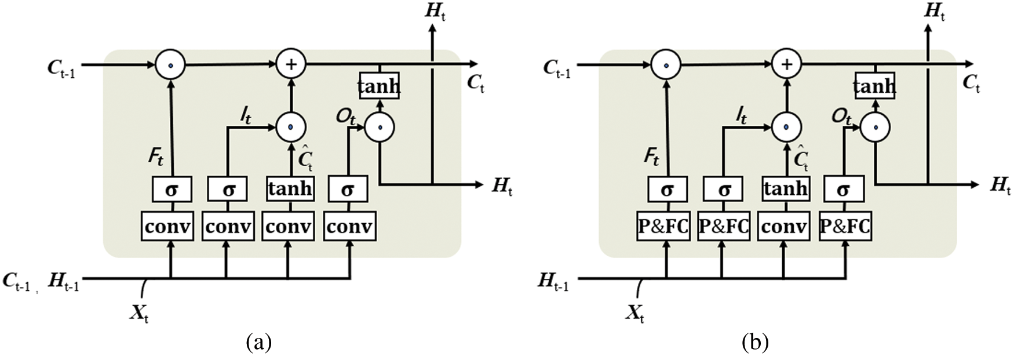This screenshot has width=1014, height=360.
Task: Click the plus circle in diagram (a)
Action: pos(291,64)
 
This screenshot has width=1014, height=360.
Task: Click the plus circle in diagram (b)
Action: pos(786,64)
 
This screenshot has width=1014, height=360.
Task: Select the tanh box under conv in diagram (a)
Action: pos(290,189)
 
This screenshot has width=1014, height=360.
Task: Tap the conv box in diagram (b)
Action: pos(784,227)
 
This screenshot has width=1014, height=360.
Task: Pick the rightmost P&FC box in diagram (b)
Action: pos(845,227)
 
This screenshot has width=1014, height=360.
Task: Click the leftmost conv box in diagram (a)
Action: pos(167,227)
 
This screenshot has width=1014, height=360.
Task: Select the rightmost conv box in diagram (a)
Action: pos(349,227)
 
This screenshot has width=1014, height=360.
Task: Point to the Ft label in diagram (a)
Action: pos(156,156)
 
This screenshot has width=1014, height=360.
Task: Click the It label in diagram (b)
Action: pos(742,117)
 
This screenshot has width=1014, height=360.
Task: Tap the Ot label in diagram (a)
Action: pos(346,117)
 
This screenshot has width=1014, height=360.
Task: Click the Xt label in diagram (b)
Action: pos(635,314)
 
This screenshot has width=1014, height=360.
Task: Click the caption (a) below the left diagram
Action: pos(258,342)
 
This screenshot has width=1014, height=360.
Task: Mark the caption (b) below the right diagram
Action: pos(755,342)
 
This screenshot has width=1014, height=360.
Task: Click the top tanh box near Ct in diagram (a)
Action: pos(379,86)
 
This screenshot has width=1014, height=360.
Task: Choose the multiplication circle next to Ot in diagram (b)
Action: pos(874,127)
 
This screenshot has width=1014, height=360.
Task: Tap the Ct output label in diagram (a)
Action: pos(475,83)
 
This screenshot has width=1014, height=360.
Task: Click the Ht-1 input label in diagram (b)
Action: pos(553,282)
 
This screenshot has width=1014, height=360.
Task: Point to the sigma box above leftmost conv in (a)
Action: pos(172,189)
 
